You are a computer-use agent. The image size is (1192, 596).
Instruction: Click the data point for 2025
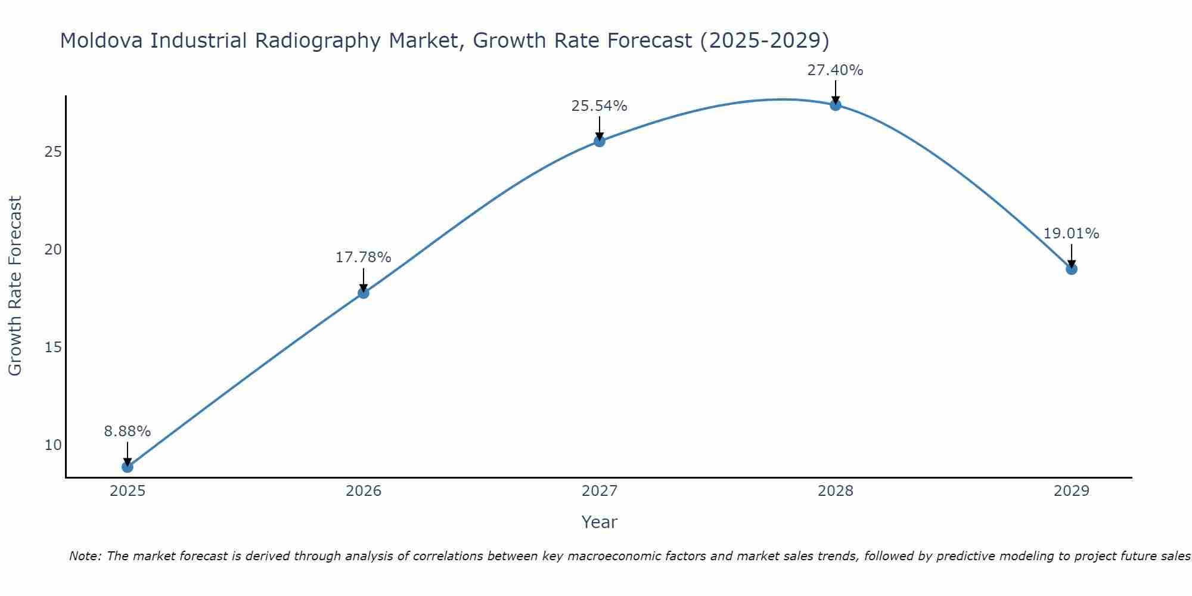click(x=128, y=467)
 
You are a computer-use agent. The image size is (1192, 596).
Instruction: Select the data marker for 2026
click(x=364, y=293)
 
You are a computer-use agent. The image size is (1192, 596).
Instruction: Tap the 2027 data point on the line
click(x=600, y=141)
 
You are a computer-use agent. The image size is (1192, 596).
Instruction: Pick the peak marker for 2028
click(x=836, y=105)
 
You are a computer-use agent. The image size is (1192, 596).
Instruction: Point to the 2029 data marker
click(x=1072, y=269)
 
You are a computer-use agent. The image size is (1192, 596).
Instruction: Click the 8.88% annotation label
click(x=128, y=432)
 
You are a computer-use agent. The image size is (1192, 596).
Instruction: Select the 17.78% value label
click(x=364, y=257)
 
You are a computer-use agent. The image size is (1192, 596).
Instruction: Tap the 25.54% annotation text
click(x=600, y=106)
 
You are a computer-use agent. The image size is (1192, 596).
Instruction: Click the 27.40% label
click(x=836, y=70)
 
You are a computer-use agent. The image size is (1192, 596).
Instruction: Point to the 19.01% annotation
click(x=1072, y=234)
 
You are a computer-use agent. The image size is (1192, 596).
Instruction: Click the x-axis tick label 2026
click(x=364, y=491)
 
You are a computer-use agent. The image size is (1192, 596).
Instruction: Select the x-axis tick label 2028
click(x=836, y=491)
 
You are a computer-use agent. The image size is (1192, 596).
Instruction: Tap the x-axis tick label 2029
click(x=1072, y=491)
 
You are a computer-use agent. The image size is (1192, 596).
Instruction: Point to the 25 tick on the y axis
click(x=53, y=152)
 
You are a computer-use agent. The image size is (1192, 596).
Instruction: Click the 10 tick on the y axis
click(x=53, y=445)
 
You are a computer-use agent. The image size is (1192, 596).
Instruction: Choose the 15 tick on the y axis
click(x=53, y=347)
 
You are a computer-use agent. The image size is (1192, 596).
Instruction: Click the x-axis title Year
click(x=600, y=522)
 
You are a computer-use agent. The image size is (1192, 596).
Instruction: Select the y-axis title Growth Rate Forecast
click(x=15, y=286)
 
